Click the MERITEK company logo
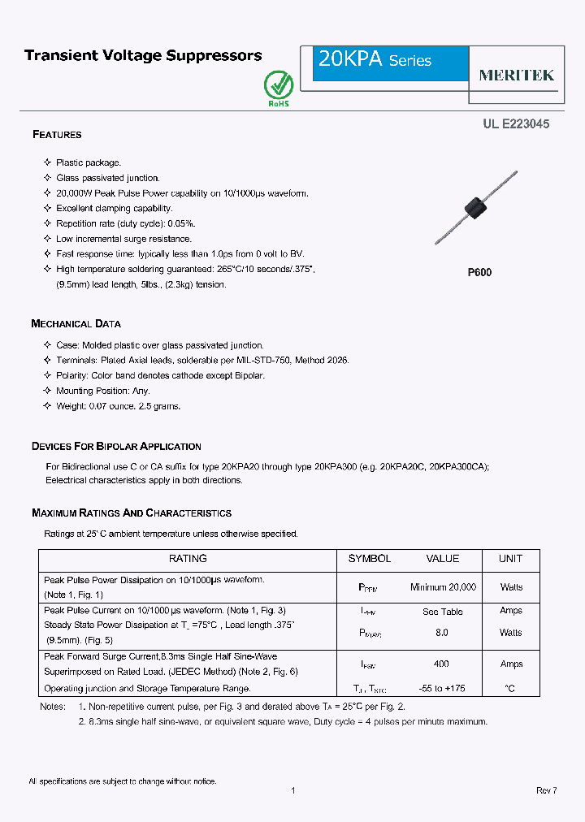click(x=516, y=75)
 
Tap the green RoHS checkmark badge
click(x=278, y=87)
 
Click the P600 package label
click(x=479, y=273)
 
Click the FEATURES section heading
click(x=57, y=134)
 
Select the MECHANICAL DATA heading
click(x=76, y=323)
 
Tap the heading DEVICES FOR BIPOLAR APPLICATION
click(x=116, y=446)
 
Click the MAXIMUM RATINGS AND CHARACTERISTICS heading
click(x=131, y=513)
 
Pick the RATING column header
click(x=188, y=559)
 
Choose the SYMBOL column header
click(x=370, y=559)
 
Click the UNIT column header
click(x=510, y=559)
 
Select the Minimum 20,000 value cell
click(x=443, y=586)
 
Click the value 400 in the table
click(x=441, y=664)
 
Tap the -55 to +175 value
click(x=442, y=688)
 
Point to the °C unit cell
click(x=510, y=688)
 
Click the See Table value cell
click(x=442, y=612)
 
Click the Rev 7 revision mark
click(x=546, y=790)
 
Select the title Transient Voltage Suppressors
click(x=143, y=56)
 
